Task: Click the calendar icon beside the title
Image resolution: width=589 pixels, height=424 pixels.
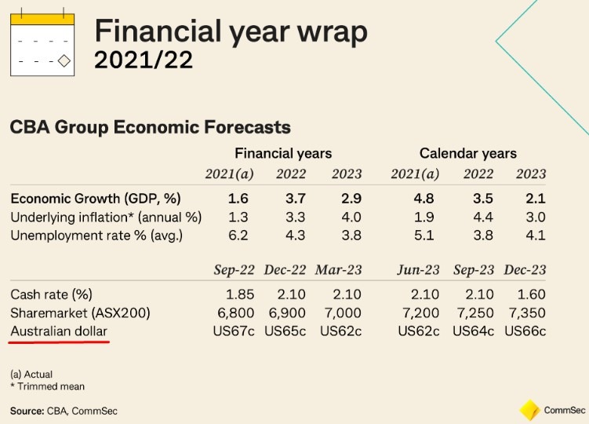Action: coord(42,44)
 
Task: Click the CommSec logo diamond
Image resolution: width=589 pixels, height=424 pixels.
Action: coord(529,410)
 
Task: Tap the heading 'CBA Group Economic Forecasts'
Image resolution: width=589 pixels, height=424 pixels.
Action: coord(150,127)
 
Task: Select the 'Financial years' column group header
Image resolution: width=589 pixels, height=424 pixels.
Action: coord(283,153)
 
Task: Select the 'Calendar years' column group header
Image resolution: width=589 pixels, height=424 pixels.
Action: coord(467,153)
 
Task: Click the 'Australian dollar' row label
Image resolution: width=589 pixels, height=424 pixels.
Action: coord(59,332)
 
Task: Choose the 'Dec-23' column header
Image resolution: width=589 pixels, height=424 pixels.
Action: coord(525,270)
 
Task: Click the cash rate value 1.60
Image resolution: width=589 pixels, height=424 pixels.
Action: coord(530,294)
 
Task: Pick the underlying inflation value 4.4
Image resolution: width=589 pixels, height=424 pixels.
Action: coord(478,216)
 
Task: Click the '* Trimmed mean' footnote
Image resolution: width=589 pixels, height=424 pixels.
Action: coord(47,386)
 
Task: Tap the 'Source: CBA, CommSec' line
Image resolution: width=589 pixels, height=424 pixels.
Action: coord(64,411)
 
